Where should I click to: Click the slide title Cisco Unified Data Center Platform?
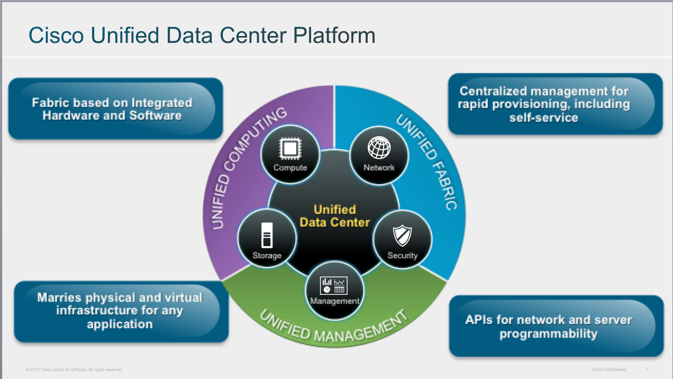pyautogui.click(x=202, y=35)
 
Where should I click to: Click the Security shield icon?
pyautogui.click(x=402, y=235)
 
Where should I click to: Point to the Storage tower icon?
pyautogui.click(x=267, y=235)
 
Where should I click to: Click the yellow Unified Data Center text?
pyautogui.click(x=334, y=215)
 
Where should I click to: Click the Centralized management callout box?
pyautogui.click(x=555, y=104)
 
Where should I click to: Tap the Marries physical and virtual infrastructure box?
pyautogui.click(x=121, y=311)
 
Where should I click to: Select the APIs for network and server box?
pyautogui.click(x=556, y=326)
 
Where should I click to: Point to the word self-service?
pyautogui.click(x=543, y=118)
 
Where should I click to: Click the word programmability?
pyautogui.click(x=549, y=334)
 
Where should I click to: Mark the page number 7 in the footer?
pyautogui.click(x=647, y=369)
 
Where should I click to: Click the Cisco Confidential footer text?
pyautogui.click(x=609, y=369)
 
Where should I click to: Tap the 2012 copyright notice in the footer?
pyautogui.click(x=74, y=369)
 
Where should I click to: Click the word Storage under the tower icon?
pyautogui.click(x=267, y=256)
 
